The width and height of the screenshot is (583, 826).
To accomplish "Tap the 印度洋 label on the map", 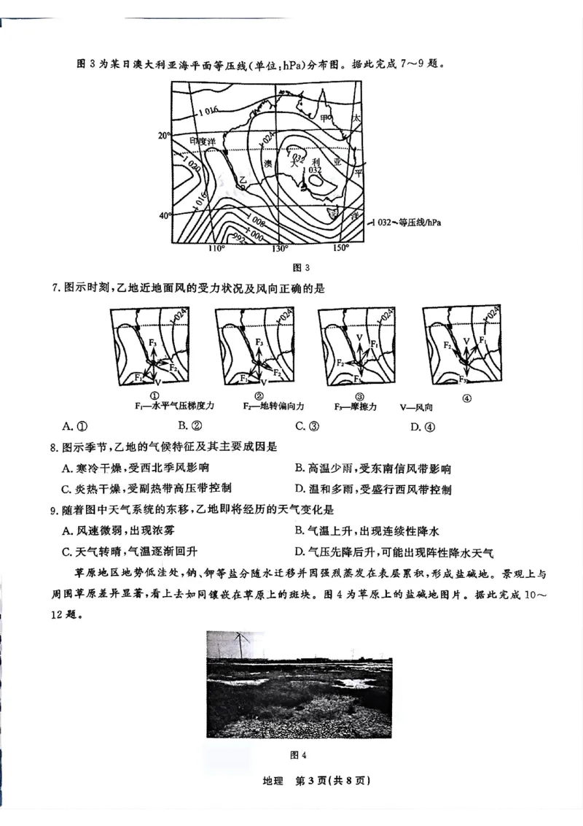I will pos(203,140).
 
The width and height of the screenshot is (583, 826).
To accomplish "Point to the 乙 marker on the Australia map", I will pos(243,180).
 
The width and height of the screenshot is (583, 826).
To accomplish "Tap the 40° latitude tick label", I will pos(165,215).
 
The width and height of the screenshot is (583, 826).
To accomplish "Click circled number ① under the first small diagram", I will pos(154,394).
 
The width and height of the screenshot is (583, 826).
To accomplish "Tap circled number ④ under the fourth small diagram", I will pos(466,398).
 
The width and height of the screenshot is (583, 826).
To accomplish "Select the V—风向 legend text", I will pos(416,406).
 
